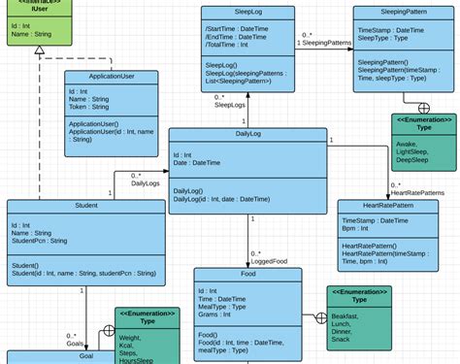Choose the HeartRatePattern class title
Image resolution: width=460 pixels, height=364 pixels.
pyautogui.click(x=387, y=207)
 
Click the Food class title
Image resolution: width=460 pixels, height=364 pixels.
pyautogui.click(x=247, y=276)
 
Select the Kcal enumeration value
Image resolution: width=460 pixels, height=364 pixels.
pyautogui.click(x=127, y=345)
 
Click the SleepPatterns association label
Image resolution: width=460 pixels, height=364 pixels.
pyautogui.click(x=326, y=44)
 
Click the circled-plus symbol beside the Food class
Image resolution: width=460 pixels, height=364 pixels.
pyautogui.click(x=321, y=317)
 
